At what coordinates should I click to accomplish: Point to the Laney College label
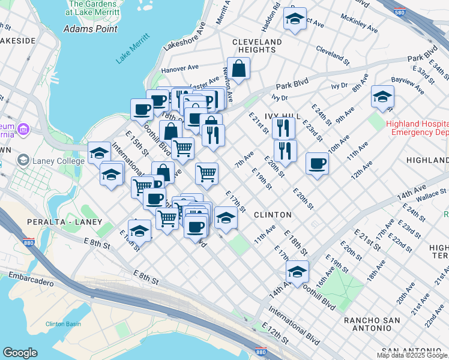pyautogui.click(x=51, y=160)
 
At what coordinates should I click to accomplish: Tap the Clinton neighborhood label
pyautogui.click(x=273, y=214)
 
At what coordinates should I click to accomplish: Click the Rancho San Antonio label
pyautogui.click(x=372, y=320)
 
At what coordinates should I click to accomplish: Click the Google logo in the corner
pyautogui.click(x=20, y=353)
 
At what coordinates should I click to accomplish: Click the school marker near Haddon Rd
pyautogui.click(x=295, y=19)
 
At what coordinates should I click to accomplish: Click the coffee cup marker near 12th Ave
pyautogui.click(x=317, y=163)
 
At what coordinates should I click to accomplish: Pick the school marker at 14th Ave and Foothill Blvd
pyautogui.click(x=297, y=272)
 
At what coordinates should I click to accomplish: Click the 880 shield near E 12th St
pyautogui.click(x=260, y=353)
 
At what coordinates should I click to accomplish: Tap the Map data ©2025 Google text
pyautogui.click(x=411, y=355)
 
